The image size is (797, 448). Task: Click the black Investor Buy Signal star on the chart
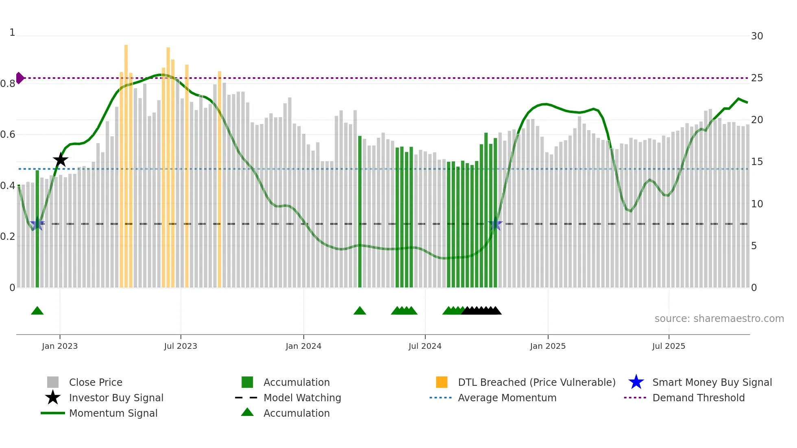[x=61, y=160]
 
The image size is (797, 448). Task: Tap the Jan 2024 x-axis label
[x=303, y=346]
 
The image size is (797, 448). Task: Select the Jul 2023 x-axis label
[x=181, y=346]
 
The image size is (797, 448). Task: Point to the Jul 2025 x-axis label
[x=669, y=346]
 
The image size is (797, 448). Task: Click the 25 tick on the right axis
[x=757, y=78]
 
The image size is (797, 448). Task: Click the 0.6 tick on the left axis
[x=8, y=135]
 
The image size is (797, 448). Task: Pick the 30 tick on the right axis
[x=757, y=36]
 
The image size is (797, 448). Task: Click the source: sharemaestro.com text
[x=719, y=318]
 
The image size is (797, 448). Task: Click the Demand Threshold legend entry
[x=698, y=398]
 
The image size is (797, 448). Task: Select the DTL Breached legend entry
[x=536, y=382]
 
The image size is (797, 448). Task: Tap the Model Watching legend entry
[x=302, y=398]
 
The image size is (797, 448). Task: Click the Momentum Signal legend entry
[x=113, y=413]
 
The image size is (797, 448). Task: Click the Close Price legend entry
[x=96, y=382]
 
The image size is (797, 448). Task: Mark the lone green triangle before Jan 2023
[x=37, y=311]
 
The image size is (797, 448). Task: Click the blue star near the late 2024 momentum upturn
[x=495, y=224]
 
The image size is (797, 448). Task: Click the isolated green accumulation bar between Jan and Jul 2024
[x=360, y=211]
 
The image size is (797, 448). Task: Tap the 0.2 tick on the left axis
[x=8, y=237]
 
